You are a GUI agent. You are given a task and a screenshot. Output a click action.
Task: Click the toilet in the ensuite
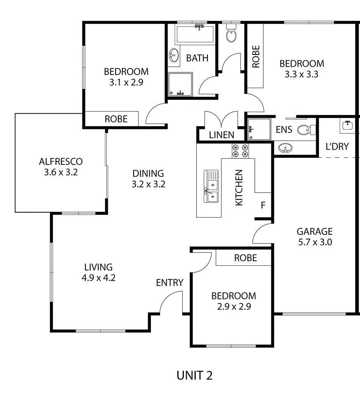pos(306,130)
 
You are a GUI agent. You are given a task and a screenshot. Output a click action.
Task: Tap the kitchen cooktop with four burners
pos(240,151)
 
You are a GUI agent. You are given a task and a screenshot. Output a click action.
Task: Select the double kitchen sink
pos(211,186)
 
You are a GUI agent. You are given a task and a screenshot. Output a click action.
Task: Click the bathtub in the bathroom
pos(195,34)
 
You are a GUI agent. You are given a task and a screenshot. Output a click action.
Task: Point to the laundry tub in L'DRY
pos(348,126)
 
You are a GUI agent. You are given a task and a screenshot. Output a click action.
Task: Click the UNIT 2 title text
pos(195,375)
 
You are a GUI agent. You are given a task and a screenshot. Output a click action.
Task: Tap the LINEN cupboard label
pos(221,135)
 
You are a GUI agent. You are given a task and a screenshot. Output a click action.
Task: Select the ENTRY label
pos(169,283)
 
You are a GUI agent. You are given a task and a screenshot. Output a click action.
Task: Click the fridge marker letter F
pos(263,205)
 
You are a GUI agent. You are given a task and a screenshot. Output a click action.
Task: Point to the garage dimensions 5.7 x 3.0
pos(315,242)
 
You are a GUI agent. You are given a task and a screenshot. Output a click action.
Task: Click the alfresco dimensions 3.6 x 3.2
pos(61,172)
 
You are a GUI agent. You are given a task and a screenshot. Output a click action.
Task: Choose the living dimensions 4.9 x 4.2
pos(99,278)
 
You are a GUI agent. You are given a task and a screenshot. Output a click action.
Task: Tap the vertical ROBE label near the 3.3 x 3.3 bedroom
pos(256,56)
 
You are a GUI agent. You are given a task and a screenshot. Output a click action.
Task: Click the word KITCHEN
pos(239,187)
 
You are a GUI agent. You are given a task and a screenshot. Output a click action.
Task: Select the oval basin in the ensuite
pos(285,148)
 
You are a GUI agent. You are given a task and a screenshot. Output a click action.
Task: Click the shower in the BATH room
pos(180,84)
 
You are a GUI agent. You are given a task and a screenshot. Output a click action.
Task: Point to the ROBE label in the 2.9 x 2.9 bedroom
pos(246,258)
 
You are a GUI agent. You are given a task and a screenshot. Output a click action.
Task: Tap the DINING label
pos(148,173)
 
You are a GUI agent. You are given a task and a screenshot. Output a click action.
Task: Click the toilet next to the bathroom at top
pos(231,33)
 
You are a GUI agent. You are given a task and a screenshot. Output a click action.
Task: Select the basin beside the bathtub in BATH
pos(174,55)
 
